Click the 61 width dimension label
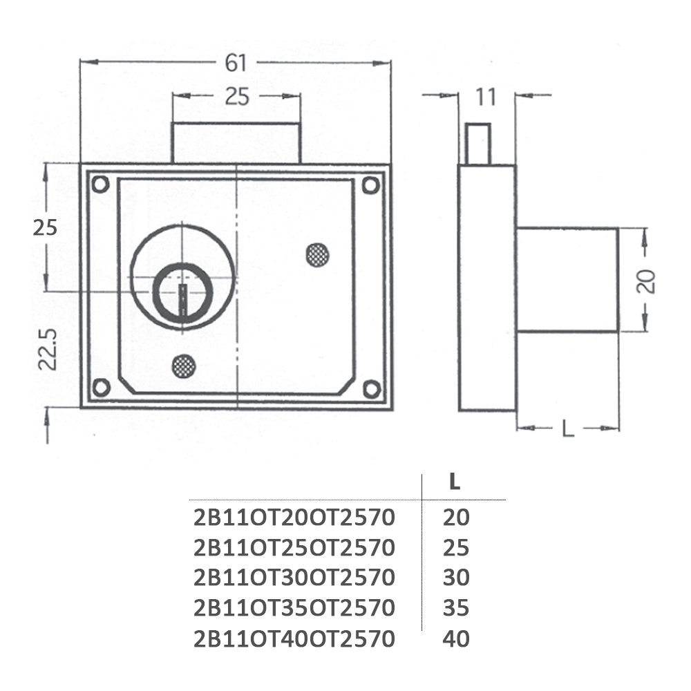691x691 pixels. tap(236, 63)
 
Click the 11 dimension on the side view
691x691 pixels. tap(486, 97)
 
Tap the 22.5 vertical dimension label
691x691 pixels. tap(48, 349)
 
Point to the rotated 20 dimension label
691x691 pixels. tap(646, 281)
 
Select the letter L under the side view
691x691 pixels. tap(568, 428)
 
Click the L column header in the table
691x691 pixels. tap(455, 482)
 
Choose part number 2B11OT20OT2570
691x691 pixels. tap(294, 518)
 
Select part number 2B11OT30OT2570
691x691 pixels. tap(294, 578)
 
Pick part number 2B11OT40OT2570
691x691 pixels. tap(294, 639)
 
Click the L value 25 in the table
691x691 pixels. tap(456, 548)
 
